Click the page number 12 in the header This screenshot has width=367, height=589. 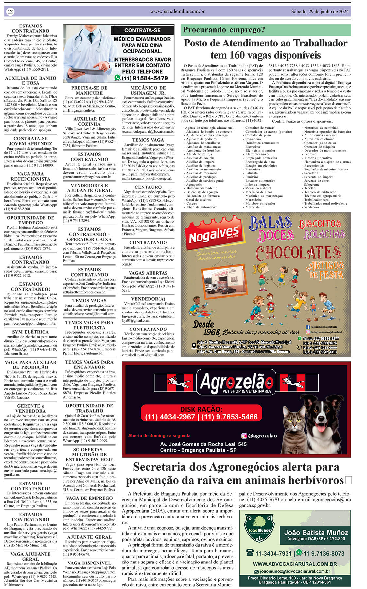[10, 12]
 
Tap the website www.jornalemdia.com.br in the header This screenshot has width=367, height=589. [178, 11]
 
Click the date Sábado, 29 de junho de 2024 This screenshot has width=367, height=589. [320, 12]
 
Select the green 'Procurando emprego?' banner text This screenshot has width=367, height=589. [224, 30]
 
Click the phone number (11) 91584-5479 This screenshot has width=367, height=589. [145, 78]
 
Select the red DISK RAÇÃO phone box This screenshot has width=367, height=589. [201, 413]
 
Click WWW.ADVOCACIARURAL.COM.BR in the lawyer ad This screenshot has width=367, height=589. [295, 564]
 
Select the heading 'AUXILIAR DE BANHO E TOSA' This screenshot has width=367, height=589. [30, 80]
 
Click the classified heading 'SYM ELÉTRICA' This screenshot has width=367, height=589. [30, 332]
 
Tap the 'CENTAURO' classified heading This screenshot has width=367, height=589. [148, 187]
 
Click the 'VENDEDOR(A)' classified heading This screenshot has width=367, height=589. [148, 299]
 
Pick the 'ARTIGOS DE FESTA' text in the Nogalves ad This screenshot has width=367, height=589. [325, 270]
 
